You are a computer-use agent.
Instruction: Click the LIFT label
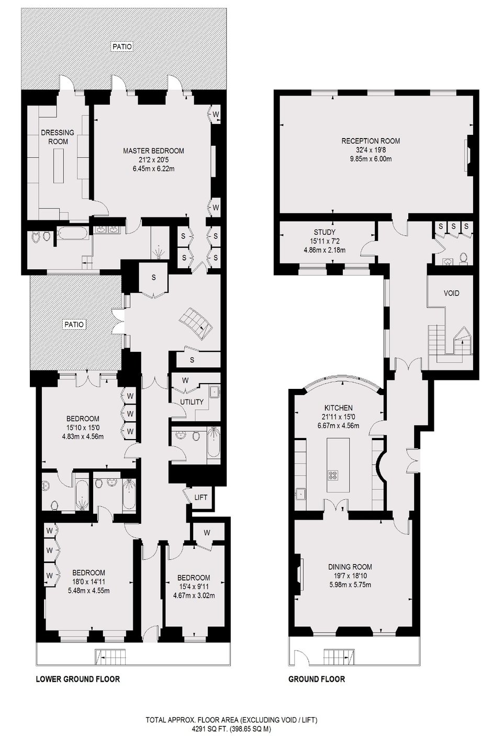click(x=200, y=497)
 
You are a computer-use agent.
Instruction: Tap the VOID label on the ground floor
click(x=451, y=293)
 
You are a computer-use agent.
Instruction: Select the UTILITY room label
click(x=192, y=402)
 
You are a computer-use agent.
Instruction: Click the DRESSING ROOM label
click(x=58, y=137)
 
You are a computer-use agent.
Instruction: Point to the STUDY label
click(x=325, y=232)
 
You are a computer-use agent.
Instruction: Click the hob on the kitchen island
click(x=333, y=475)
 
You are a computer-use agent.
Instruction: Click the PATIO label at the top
click(x=122, y=47)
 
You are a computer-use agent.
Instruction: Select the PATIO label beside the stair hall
click(x=74, y=324)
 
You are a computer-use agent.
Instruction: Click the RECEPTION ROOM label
click(x=371, y=141)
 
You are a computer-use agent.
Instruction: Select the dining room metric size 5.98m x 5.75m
click(x=350, y=585)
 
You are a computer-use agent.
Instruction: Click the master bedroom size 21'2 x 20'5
click(x=153, y=160)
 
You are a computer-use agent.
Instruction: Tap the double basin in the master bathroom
click(x=108, y=229)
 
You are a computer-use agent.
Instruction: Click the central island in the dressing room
click(x=59, y=166)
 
